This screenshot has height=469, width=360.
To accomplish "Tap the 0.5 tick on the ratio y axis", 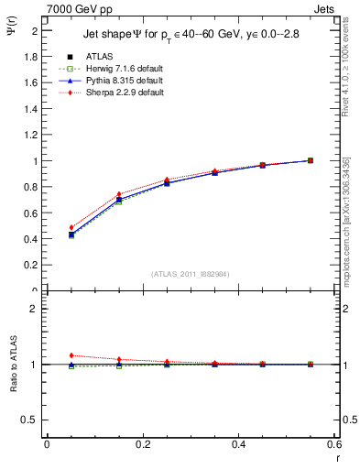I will pyautogui.click(x=29, y=420).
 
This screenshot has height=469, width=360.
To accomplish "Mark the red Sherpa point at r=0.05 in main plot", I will pyautogui.click(x=71, y=227).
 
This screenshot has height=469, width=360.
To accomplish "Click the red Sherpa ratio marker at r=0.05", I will pyautogui.click(x=71, y=355).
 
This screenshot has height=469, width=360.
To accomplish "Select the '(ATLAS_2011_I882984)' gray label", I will pyautogui.click(x=190, y=273).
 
